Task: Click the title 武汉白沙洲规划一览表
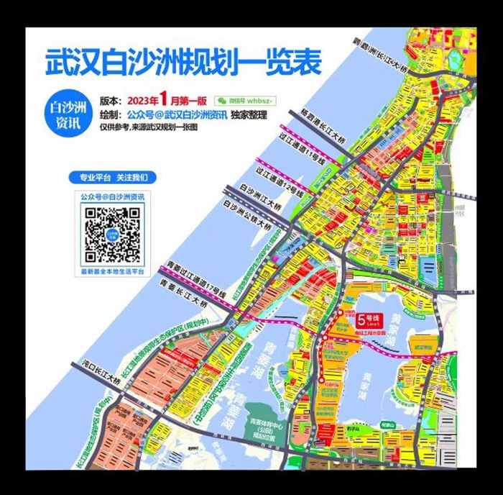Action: point(183,63)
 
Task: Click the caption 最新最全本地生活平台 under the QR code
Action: point(112,272)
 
